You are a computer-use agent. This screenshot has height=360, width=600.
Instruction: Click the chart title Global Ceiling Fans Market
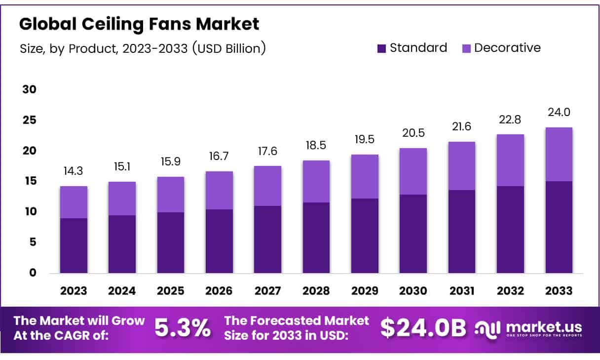click(139, 24)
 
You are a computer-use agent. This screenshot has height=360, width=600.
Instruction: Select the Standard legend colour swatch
click(381, 48)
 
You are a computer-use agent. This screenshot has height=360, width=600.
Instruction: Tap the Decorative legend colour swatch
click(466, 48)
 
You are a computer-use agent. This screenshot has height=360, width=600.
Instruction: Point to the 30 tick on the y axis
click(30, 90)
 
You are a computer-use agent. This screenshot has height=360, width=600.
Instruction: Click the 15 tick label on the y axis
click(30, 181)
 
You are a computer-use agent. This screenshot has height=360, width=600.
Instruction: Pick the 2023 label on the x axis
click(74, 291)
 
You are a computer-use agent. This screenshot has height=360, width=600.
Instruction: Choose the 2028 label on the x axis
click(316, 291)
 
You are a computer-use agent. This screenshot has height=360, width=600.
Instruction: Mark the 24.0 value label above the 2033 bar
click(559, 113)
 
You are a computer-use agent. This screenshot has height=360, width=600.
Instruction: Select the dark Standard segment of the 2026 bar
click(219, 241)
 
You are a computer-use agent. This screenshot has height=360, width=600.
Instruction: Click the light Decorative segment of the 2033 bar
click(559, 154)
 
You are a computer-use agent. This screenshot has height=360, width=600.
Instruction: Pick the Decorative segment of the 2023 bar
click(74, 202)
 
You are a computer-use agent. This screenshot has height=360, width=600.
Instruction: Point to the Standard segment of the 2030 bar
click(413, 234)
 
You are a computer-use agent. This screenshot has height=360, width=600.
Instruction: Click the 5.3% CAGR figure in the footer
click(183, 328)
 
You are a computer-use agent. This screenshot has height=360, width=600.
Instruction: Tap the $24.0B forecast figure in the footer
click(423, 328)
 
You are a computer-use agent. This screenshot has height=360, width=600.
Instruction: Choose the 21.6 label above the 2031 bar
click(461, 127)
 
